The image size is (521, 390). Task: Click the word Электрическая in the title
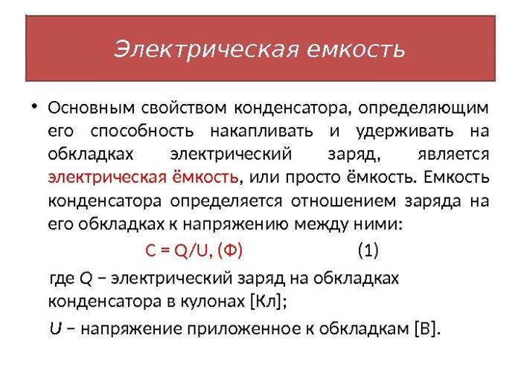pyautogui.click(x=206, y=50)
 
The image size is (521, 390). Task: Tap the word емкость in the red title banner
pyautogui.click(x=356, y=50)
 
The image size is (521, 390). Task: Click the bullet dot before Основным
pyautogui.click(x=34, y=107)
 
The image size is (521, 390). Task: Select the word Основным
pyautogui.click(x=92, y=108)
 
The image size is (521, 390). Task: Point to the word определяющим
pyautogui.click(x=423, y=108)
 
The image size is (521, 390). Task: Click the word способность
pyautogui.click(x=142, y=131)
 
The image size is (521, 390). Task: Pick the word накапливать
pyautogui.click(x=261, y=132)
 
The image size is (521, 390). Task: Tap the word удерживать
pyautogui.click(x=405, y=132)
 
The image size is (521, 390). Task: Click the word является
pyautogui.click(x=453, y=155)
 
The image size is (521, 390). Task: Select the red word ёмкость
pyautogui.click(x=205, y=177)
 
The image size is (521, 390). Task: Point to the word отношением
pyautogui.click(x=344, y=201)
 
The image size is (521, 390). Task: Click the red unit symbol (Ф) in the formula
pyautogui.click(x=230, y=250)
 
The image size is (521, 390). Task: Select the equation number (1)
pyautogui.click(x=368, y=250)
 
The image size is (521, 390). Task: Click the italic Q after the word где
pyautogui.click(x=86, y=279)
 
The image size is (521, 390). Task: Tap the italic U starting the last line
pyautogui.click(x=56, y=328)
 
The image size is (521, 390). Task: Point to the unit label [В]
pyautogui.click(x=425, y=328)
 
